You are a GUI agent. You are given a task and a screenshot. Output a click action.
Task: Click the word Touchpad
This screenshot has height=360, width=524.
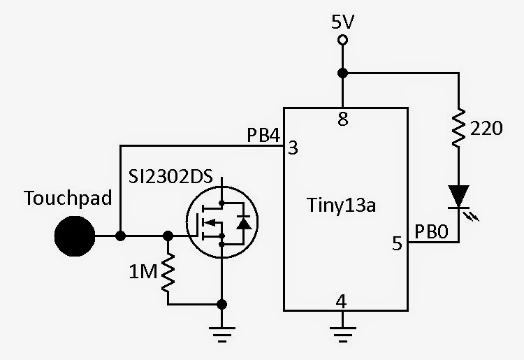pos(68,199)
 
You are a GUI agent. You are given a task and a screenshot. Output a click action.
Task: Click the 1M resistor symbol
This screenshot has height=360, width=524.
pos(168,274)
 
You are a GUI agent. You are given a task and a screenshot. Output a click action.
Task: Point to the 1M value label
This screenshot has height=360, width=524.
pos(144,270)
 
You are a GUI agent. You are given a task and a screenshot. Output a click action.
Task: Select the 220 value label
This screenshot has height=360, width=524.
pos(486,129)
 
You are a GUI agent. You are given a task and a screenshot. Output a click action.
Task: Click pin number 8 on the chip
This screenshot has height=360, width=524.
pos(342,120)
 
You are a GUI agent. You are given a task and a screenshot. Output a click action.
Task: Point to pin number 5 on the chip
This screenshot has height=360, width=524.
pos(397,244)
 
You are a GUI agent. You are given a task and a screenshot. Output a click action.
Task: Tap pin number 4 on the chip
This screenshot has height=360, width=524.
pos(342,301)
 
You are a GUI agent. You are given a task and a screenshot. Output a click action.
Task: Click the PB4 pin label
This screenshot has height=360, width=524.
pos(263,134)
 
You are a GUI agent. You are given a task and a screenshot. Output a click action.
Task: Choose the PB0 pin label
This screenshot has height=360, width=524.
pos(430,230)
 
